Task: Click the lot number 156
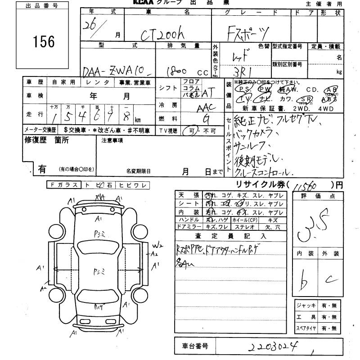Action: coord(43,42)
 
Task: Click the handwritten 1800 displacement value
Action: coord(178,71)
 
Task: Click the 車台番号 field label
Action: coord(195,346)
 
